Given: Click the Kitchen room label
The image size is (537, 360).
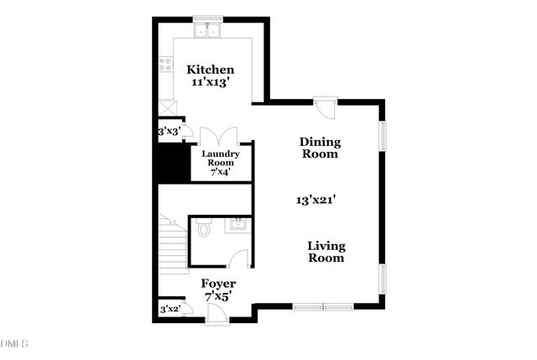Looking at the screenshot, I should coord(210,70).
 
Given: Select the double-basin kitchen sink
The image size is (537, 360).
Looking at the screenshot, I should coord(206,32).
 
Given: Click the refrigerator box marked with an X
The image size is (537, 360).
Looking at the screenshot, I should coord(167,107).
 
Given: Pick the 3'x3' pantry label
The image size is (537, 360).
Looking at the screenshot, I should coord(169,132).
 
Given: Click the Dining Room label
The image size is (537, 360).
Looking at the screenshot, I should coord(320,148).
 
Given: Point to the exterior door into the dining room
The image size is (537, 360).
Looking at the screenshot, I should coord(326,107).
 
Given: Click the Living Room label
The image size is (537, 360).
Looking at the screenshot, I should coord(326,252).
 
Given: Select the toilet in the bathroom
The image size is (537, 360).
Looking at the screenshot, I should coord(202,228).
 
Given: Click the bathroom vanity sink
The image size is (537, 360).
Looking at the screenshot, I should coord(238,224).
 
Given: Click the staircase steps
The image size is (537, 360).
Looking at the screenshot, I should coord(173,248).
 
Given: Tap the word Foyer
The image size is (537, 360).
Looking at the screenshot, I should coord(219,284).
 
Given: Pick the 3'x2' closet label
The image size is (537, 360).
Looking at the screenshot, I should coord(170,310).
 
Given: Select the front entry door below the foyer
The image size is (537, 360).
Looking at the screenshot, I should coord(216,315).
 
